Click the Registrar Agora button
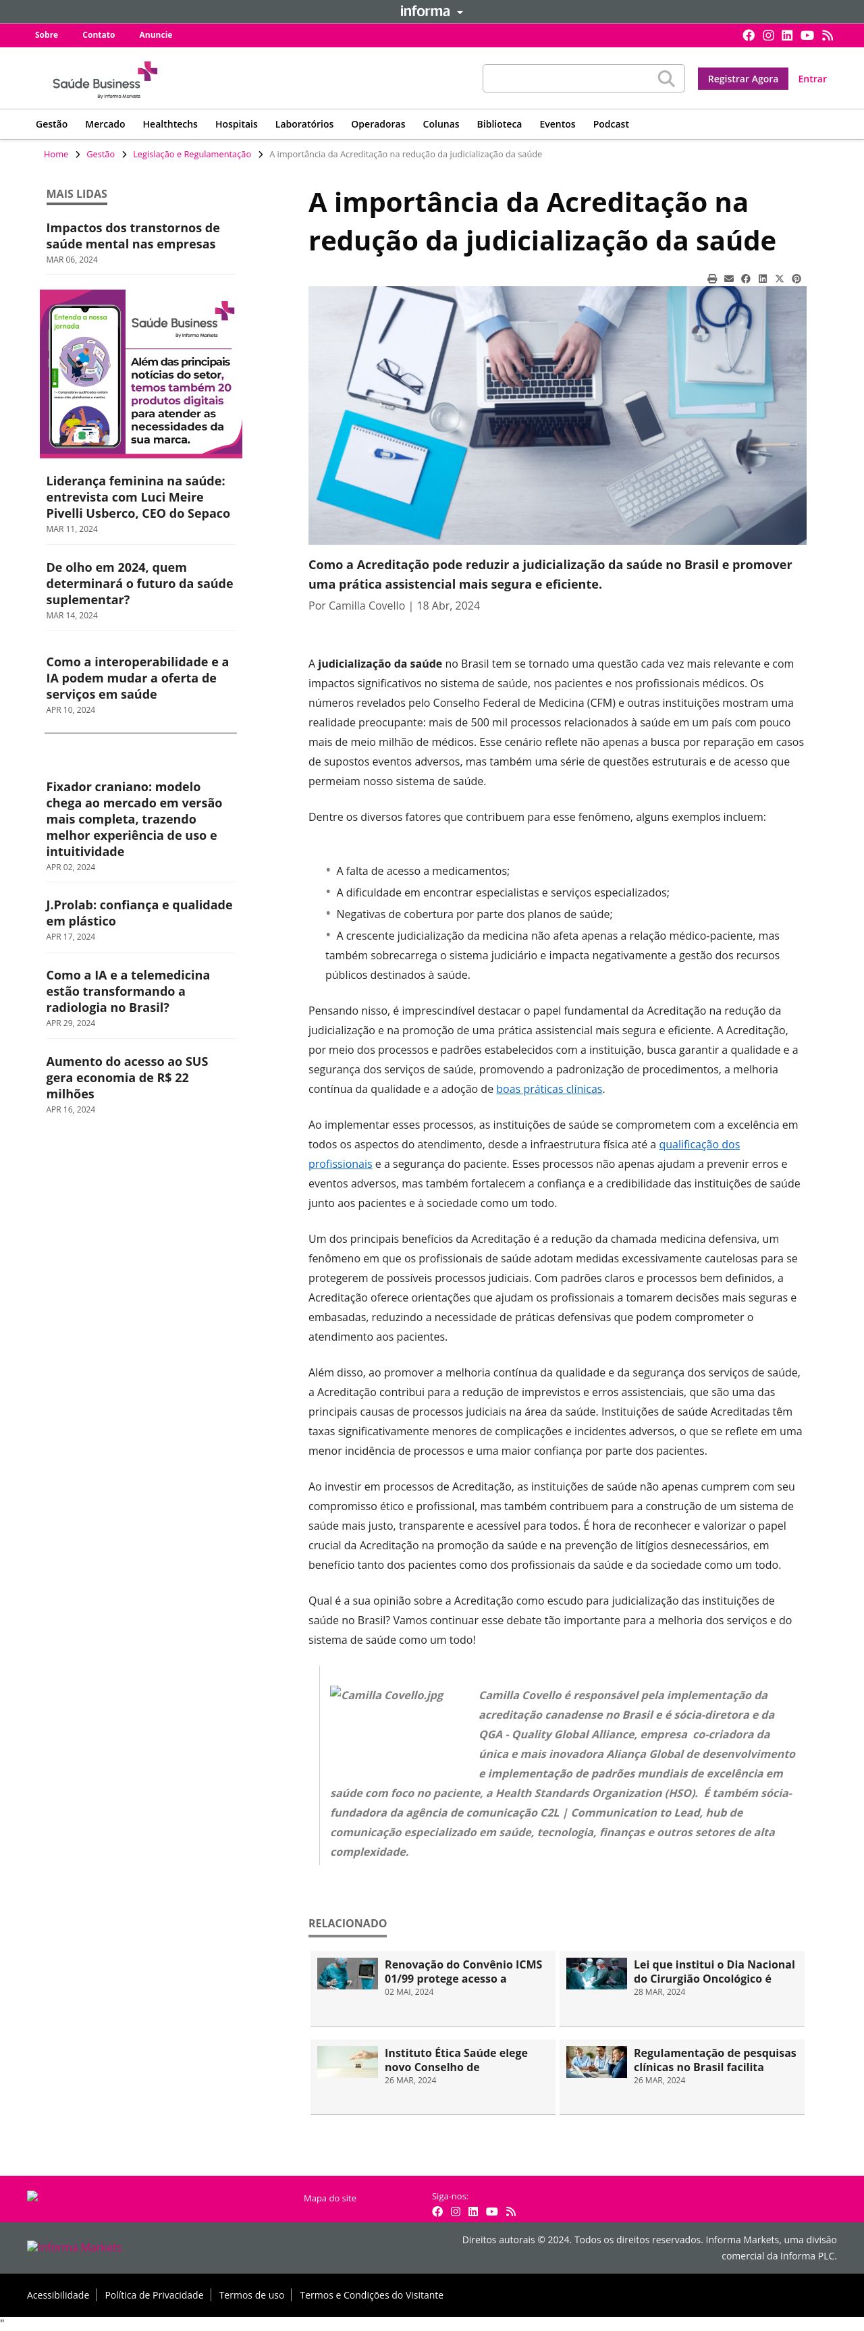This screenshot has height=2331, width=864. pos(742,79)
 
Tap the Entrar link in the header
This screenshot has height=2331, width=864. pos(811,79)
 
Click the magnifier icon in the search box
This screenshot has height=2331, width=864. pos(666,79)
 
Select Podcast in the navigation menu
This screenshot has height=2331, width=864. pos(611,124)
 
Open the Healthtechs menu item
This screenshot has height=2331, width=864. pos(170,124)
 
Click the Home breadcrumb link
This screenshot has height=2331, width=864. pos(56,155)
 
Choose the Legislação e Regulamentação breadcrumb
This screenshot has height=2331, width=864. pos(192,155)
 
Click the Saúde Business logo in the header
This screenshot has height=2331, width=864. pos(104,80)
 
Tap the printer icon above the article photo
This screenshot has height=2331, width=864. pos(712,279)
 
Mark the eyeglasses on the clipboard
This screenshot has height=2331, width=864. pos(398,371)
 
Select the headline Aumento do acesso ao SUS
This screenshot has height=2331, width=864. pos(127,1077)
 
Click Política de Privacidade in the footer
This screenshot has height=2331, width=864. pos(154,2295)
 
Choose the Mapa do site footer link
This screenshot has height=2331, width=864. pos(329,2198)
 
